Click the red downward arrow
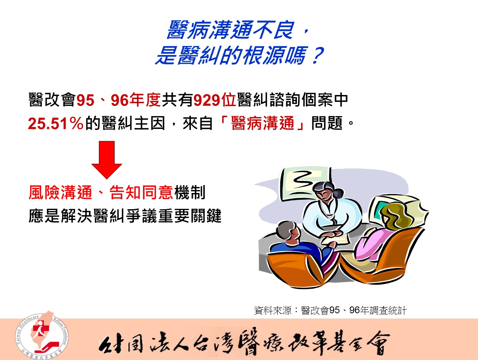coord(107,160)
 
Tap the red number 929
coord(207,100)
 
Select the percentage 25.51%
coord(56,123)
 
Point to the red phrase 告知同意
coord(141,193)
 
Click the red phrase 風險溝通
coord(60,193)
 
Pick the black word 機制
coord(190,193)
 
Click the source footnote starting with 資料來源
coord(330,310)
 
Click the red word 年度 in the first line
coord(144,100)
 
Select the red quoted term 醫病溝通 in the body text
coord(263,123)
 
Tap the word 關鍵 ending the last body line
coord(206,216)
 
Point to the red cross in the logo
coord(37,330)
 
